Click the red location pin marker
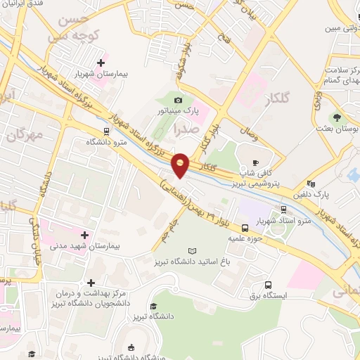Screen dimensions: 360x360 point(181,165)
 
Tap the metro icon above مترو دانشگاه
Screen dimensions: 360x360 point(106,131)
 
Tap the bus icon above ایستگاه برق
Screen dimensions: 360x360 point(268,285)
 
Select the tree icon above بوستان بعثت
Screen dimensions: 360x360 point(336,117)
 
